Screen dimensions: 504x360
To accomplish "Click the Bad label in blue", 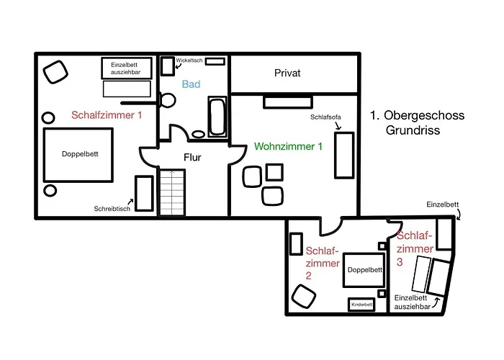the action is tap(191, 84).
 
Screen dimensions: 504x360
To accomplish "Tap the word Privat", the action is tap(287, 73).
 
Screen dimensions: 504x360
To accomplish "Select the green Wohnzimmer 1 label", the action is tap(288, 147).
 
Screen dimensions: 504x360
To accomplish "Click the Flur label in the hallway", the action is tap(192, 157).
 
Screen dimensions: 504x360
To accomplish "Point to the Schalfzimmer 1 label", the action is tap(107, 115).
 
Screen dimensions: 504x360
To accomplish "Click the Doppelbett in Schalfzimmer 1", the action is tap(78, 155).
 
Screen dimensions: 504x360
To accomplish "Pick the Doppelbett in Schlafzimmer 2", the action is tap(364, 270).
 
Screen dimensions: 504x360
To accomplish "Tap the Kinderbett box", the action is tap(361, 305).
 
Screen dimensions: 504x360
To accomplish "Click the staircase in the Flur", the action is tap(172, 192).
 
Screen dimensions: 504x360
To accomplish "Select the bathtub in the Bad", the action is tap(217, 116).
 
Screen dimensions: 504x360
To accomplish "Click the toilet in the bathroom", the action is tap(167, 100).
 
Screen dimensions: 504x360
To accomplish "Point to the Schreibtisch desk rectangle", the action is tap(144, 193).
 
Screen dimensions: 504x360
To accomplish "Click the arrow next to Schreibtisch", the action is tap(130, 202).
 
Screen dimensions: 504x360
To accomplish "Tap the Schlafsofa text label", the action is tap(325, 117).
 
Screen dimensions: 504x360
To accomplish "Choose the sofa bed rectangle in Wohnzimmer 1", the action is tap(344, 155).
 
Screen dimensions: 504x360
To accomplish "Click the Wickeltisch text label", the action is tap(189, 60).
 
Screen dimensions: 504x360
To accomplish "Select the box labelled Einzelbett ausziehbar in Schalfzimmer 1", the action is tap(127, 68).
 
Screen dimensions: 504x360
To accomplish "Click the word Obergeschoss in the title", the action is tap(424, 115).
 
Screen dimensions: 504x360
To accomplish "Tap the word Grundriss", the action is tap(413, 130).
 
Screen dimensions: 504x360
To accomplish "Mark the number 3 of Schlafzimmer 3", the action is tap(400, 262).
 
